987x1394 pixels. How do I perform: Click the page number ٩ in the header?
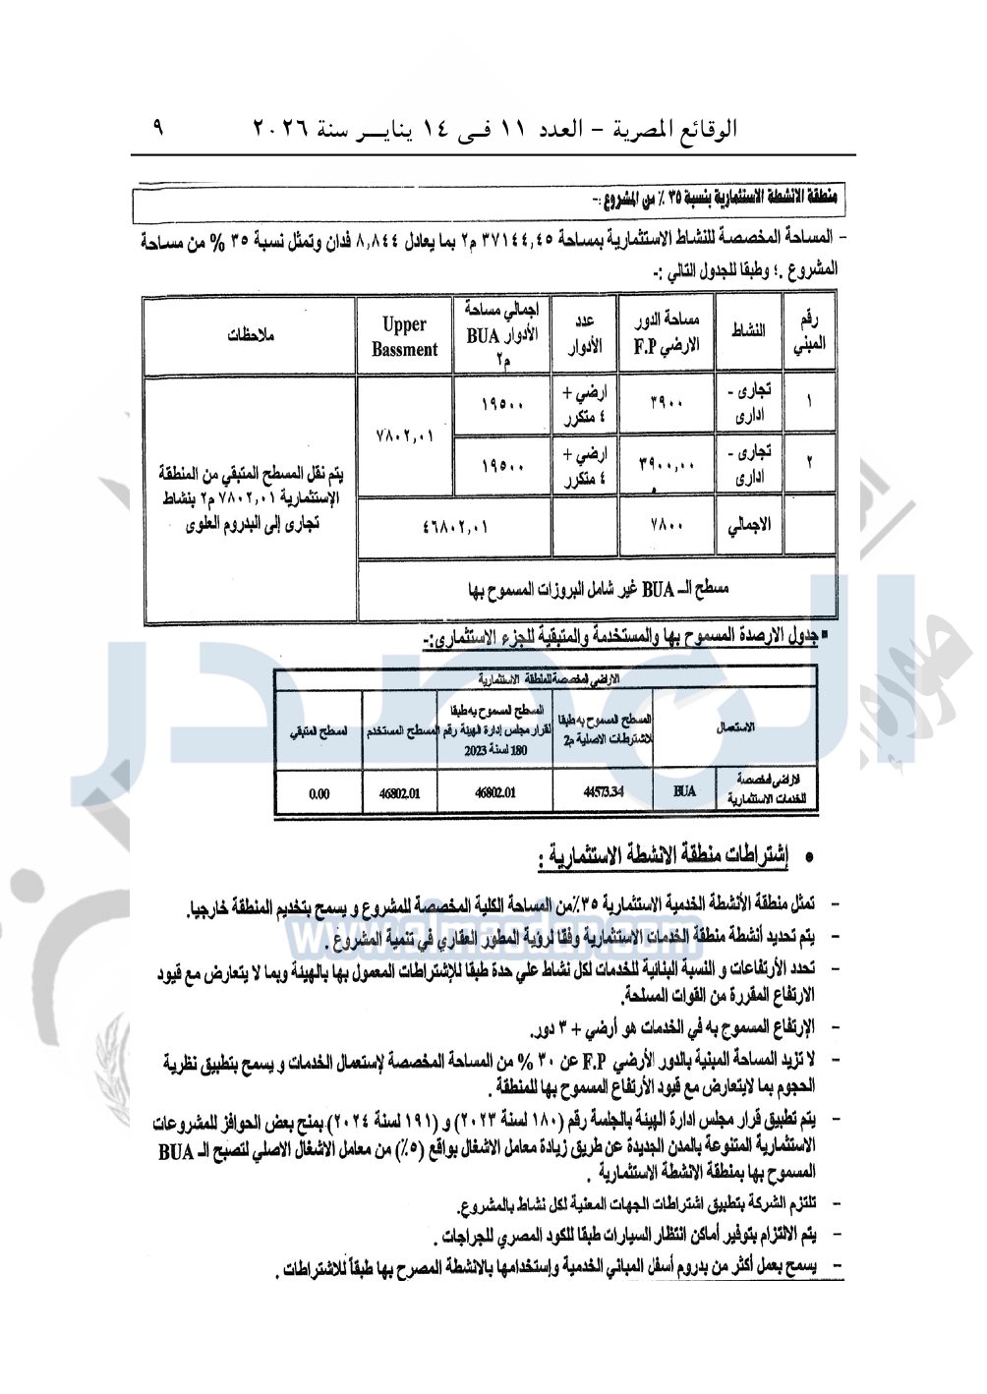pyautogui.click(x=158, y=129)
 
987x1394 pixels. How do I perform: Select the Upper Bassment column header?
pyautogui.click(x=404, y=336)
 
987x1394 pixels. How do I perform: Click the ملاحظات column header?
pyautogui.click(x=250, y=335)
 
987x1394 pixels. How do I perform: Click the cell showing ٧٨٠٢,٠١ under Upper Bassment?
pyautogui.click(x=404, y=435)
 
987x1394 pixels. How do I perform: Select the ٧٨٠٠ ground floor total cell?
pyautogui.click(x=667, y=526)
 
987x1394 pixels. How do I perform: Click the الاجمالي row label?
pyautogui.click(x=750, y=526)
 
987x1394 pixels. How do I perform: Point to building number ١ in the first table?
pyautogui.click(x=809, y=402)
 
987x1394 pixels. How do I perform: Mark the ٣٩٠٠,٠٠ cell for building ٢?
pyautogui.click(x=667, y=462)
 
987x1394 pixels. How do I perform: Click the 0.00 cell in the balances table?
pyautogui.click(x=319, y=793)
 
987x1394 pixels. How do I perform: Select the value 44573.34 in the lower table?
pyautogui.click(x=603, y=791)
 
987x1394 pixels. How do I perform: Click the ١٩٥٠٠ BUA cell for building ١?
pyautogui.click(x=501, y=404)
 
